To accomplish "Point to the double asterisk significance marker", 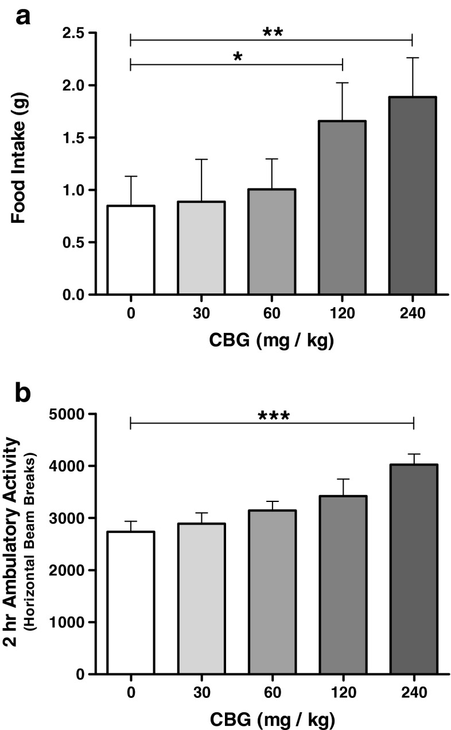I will point(273,32).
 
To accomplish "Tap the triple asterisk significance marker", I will point(273,415).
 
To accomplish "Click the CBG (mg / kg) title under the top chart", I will point(271,340).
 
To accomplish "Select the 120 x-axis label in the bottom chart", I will point(343,693).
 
